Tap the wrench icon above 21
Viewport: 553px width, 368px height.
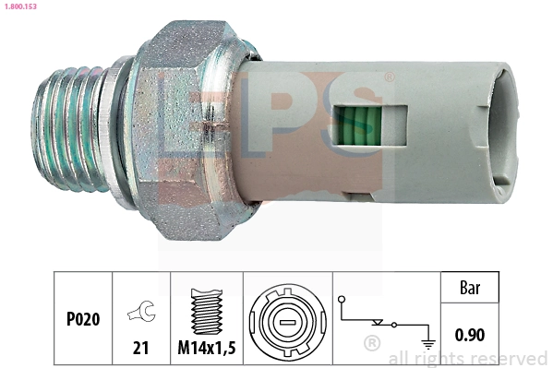pyautogui.click(x=140, y=314)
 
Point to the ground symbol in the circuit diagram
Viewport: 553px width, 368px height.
pyautogui.click(x=427, y=341)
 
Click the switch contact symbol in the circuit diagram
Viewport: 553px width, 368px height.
pyautogui.click(x=379, y=323)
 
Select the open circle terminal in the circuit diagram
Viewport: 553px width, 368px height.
pyautogui.click(x=342, y=300)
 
